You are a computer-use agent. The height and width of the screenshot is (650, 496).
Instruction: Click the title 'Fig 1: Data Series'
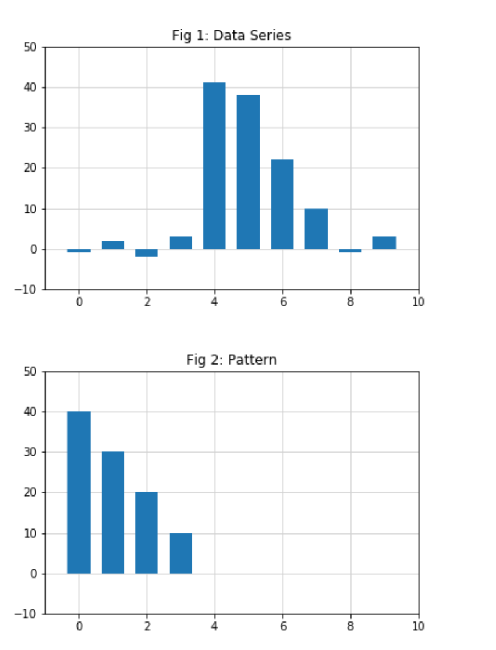[x=231, y=36]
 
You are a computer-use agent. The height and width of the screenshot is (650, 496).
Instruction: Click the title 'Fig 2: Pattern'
[x=231, y=360]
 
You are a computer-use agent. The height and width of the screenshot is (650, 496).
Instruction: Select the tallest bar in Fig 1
[x=214, y=166]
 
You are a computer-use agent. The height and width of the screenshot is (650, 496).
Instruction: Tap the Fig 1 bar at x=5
[x=248, y=172]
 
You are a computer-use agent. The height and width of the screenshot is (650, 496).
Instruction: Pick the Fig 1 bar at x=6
[x=282, y=204]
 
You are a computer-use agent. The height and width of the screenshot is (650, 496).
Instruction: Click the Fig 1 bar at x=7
[x=316, y=229]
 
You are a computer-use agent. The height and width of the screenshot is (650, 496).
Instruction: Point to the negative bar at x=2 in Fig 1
[x=146, y=253]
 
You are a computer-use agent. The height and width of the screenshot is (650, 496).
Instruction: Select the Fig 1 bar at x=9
[x=384, y=243]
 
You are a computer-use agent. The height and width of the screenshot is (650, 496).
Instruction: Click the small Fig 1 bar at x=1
[x=113, y=245]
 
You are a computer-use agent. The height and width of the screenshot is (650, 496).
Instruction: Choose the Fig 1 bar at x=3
[x=181, y=243]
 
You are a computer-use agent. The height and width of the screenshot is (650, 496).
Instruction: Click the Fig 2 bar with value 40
[x=79, y=492]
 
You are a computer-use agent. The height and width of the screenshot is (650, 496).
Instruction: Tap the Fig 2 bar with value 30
[x=113, y=513]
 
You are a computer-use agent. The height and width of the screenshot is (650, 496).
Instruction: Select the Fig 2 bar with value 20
[x=146, y=532]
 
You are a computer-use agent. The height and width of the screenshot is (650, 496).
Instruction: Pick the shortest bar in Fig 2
[x=181, y=553]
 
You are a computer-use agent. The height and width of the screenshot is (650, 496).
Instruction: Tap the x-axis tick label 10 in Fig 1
[x=418, y=302]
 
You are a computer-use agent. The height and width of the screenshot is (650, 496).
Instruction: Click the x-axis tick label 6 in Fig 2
[x=283, y=626]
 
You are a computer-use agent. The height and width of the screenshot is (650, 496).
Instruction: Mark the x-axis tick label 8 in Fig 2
[x=351, y=626]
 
